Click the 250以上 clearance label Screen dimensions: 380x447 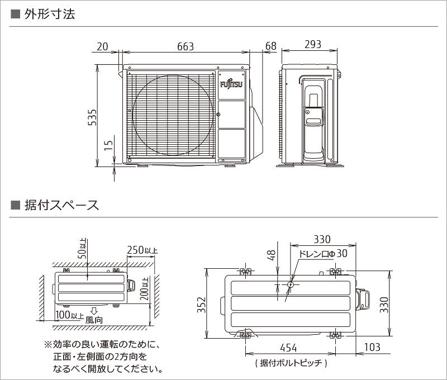[142, 250]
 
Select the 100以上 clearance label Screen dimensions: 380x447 [70, 314]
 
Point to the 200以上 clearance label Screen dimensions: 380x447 [145, 289]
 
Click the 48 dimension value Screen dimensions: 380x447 [272, 255]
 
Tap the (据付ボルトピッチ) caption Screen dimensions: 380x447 [290, 363]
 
